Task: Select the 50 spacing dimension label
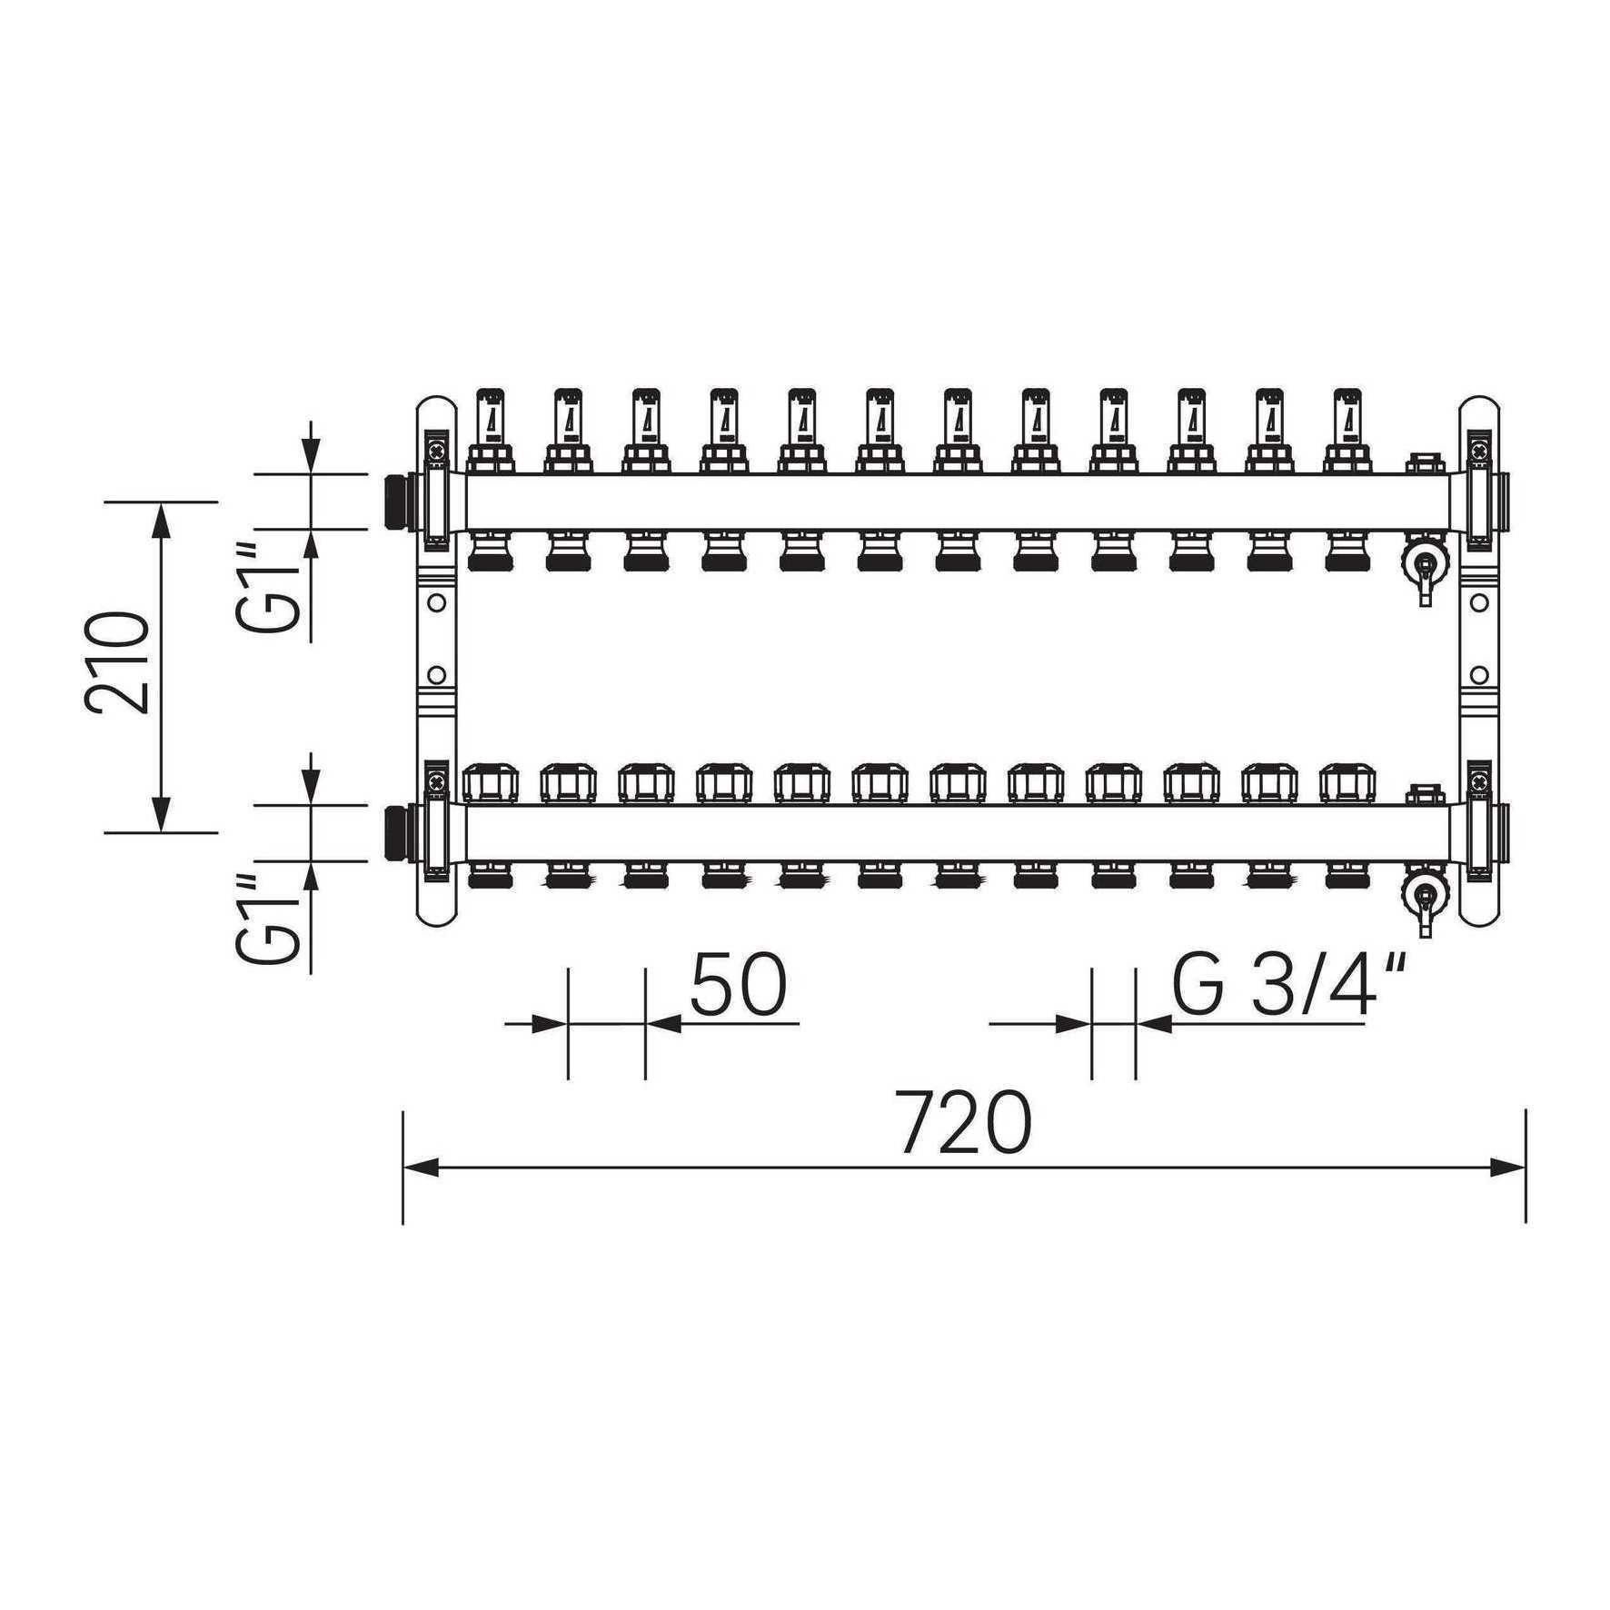(x=737, y=985)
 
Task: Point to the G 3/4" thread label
(x=1290, y=985)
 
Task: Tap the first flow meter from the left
(x=491, y=431)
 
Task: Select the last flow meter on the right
(x=1348, y=431)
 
